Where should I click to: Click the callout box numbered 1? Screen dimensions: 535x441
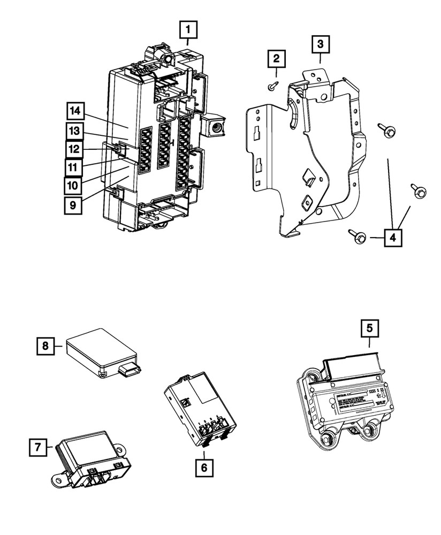tap(187, 30)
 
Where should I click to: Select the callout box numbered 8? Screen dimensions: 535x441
tap(45, 346)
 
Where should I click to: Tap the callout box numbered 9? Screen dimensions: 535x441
tap(74, 204)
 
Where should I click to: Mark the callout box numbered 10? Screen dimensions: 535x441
tap(74, 185)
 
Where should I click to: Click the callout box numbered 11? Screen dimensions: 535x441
tap(74, 166)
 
